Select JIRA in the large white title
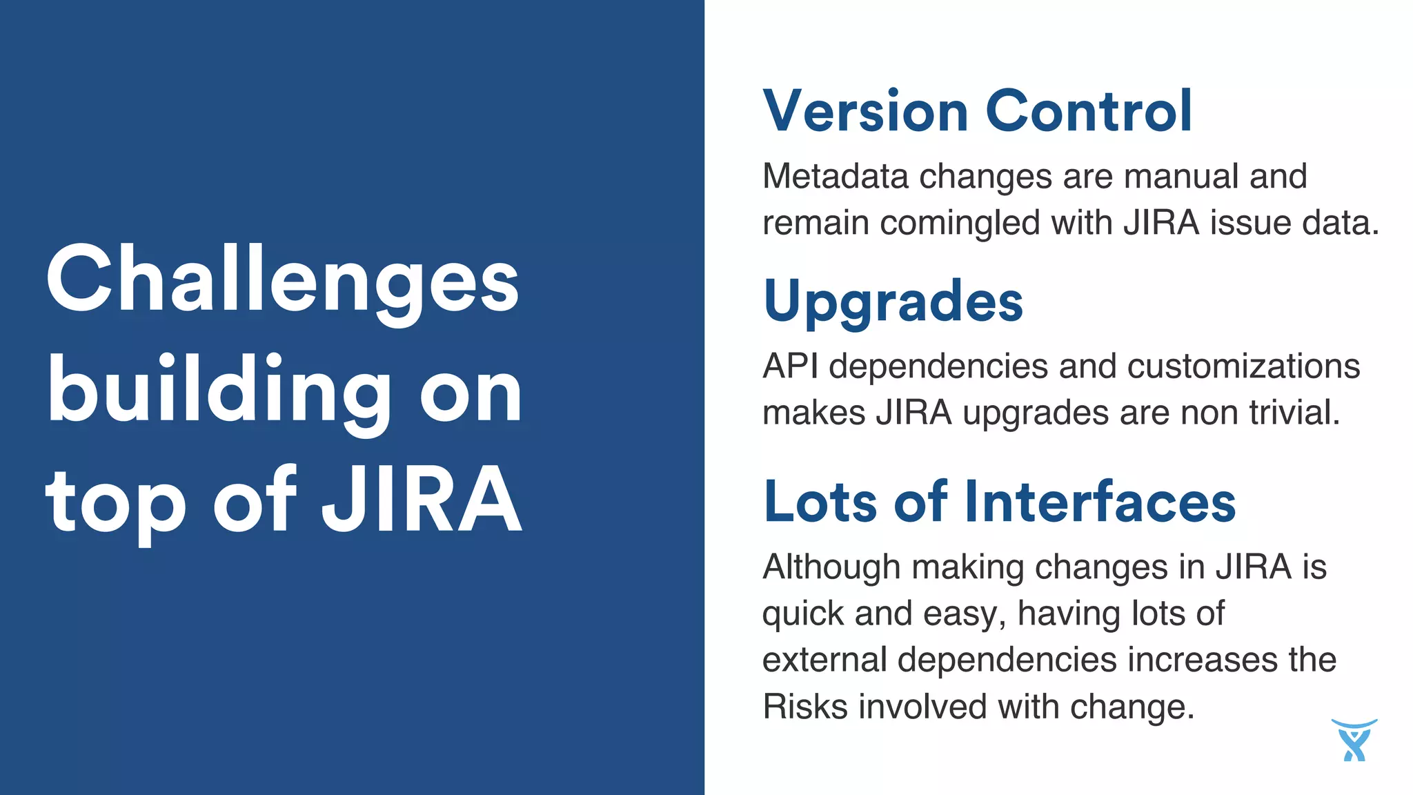pyautogui.click(x=422, y=499)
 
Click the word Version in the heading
pyautogui.click(x=865, y=112)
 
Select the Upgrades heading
pyautogui.click(x=893, y=302)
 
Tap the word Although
pyautogui.click(x=831, y=567)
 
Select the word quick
pyautogui.click(x=802, y=614)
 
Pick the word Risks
pyautogui.click(x=804, y=707)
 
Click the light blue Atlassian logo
pyautogui.click(x=1354, y=740)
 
